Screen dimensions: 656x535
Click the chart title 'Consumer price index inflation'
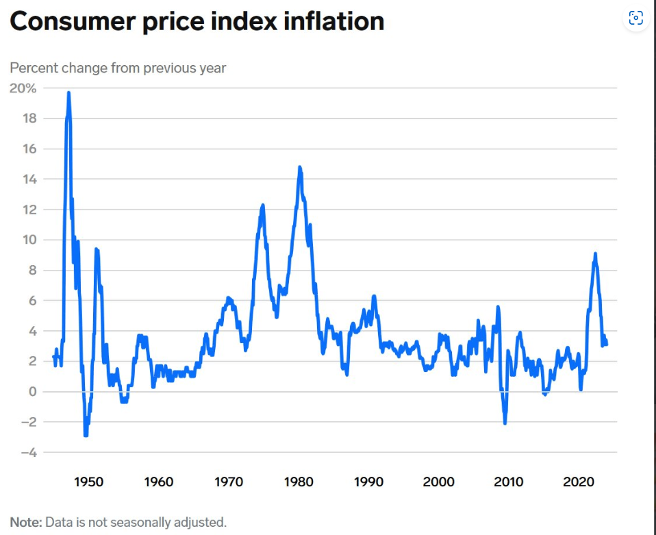point(197,21)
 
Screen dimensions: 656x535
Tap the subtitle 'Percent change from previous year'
point(118,68)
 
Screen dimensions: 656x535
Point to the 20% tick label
point(23,88)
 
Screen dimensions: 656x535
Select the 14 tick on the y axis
point(29,179)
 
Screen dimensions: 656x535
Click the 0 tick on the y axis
point(33,392)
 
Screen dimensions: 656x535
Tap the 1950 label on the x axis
point(89,482)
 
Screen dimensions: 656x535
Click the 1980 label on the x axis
point(299,482)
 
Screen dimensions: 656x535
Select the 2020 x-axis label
point(579,482)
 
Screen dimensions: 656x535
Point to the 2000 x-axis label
point(438,482)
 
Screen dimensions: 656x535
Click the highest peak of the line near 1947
point(68,93)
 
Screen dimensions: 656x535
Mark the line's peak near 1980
point(299,167)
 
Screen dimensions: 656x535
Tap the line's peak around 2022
point(595,253)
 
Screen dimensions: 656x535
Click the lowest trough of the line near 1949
point(86,436)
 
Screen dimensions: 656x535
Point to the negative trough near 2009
point(505,423)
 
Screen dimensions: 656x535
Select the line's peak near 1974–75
point(263,205)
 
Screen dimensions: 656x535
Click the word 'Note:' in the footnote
point(26,523)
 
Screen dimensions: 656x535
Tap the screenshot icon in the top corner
point(636,18)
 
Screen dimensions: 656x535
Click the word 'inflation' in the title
point(334,21)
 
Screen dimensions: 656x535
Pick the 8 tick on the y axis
point(33,271)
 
